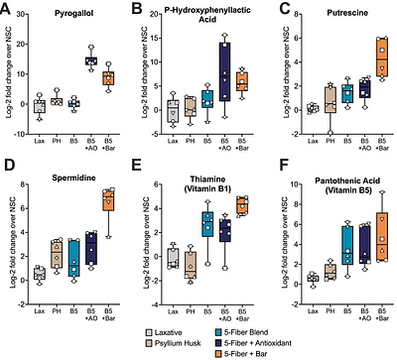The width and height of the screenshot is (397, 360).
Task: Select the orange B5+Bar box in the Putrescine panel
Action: [x=382, y=61]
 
